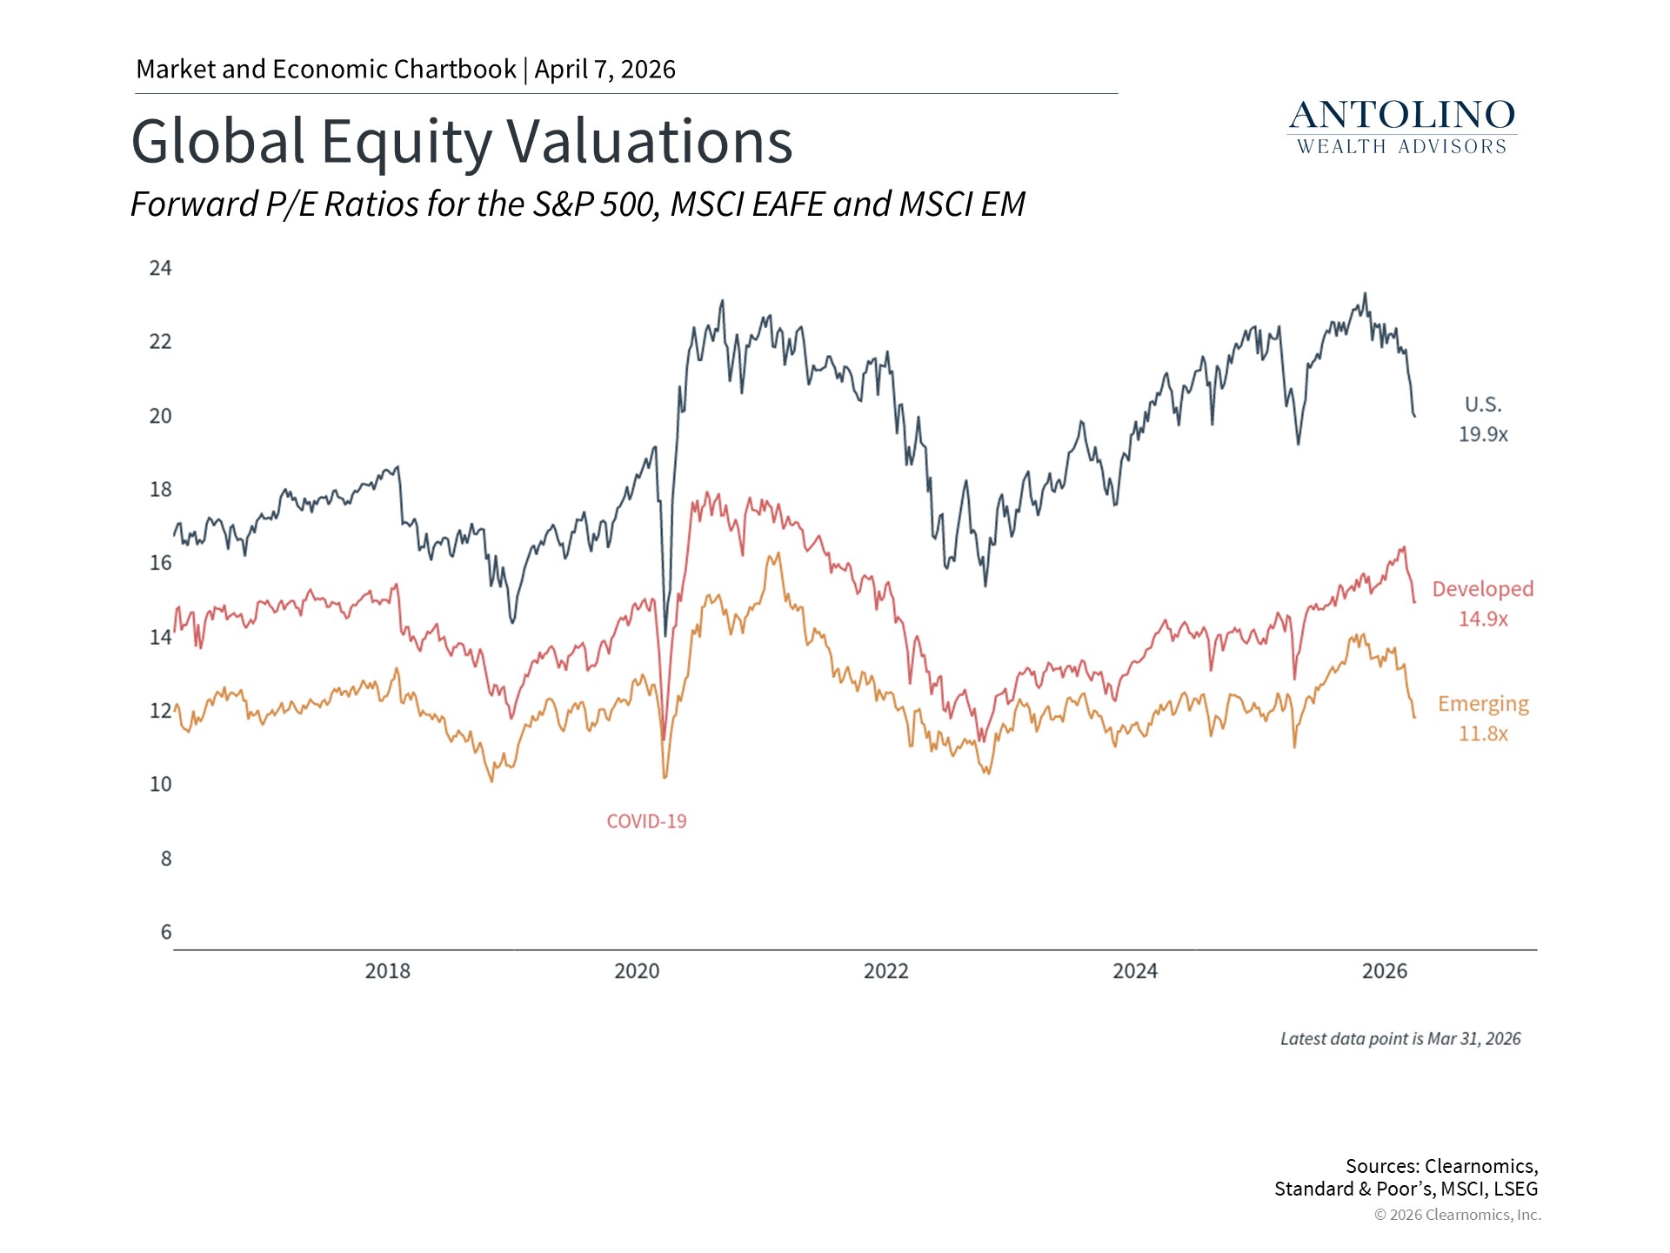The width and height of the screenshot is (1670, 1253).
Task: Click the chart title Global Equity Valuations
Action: [x=462, y=142]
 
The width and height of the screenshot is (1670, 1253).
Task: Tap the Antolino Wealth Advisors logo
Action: [x=1402, y=128]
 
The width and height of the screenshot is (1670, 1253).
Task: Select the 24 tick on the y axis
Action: [x=161, y=268]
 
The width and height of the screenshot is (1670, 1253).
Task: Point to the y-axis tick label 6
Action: [x=166, y=932]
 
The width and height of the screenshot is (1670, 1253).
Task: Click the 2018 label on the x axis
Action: [x=387, y=971]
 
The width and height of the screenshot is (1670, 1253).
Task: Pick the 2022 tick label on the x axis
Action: [x=885, y=971]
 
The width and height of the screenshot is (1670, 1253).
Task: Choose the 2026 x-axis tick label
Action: [x=1384, y=971]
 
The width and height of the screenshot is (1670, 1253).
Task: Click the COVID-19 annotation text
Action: [x=646, y=821]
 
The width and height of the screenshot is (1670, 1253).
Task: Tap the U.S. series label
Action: [x=1483, y=405]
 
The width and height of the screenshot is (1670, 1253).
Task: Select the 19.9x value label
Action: [x=1483, y=434]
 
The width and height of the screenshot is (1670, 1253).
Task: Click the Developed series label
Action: [x=1483, y=589]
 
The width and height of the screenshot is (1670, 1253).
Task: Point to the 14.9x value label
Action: [x=1483, y=619]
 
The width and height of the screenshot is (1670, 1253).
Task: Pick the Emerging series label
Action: [x=1483, y=704]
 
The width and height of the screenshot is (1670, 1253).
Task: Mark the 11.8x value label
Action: [x=1483, y=734]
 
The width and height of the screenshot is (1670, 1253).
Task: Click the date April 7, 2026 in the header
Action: [x=605, y=70]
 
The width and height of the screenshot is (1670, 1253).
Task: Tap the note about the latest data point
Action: [x=1400, y=1039]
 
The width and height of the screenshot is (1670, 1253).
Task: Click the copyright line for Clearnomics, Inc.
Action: [x=1458, y=1215]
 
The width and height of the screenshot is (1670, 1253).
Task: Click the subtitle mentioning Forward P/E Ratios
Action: [x=578, y=204]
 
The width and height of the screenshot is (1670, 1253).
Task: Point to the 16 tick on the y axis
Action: [x=161, y=563]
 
